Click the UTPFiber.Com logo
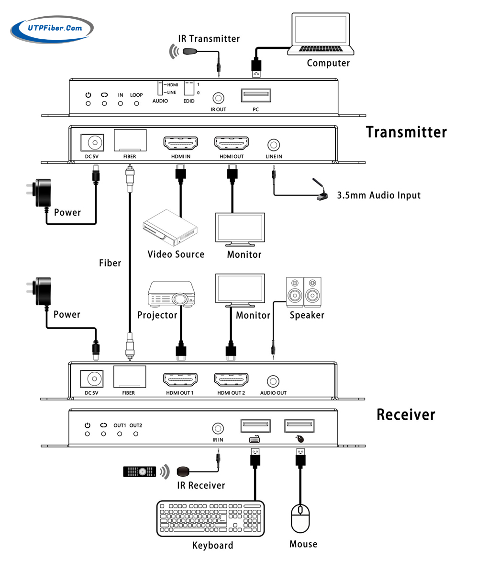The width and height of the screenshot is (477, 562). point(51,28)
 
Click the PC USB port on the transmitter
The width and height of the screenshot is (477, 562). point(255,95)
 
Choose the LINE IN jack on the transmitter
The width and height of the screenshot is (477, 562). point(273,144)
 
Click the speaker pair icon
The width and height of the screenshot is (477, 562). point(303,292)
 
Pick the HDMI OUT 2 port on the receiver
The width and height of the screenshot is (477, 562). point(231,380)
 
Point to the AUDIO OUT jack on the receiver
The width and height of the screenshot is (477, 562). point(273,381)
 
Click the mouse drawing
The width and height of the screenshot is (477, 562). point(300,518)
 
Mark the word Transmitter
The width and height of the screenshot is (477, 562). point(406,132)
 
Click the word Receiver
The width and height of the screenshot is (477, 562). point(406,414)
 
